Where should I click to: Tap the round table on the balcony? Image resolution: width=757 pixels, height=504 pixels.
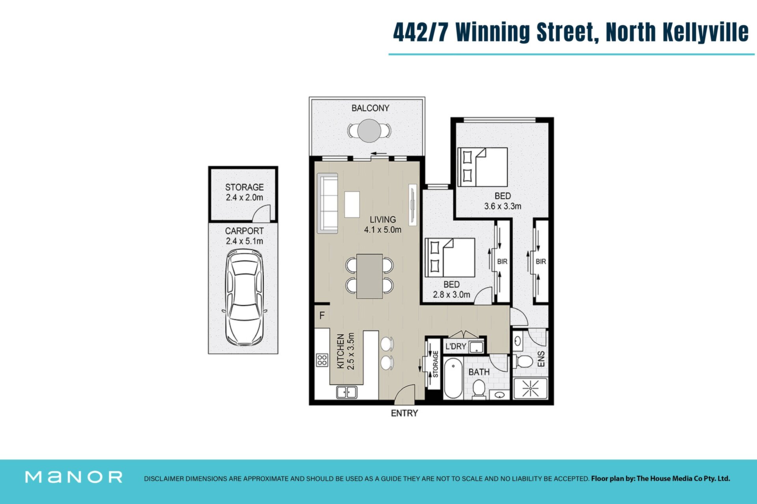point(369,130)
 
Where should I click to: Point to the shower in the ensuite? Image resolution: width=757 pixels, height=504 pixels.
point(530,389)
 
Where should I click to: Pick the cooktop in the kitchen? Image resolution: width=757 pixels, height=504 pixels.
point(322,360)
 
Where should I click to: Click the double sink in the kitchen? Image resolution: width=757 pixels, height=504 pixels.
point(347,392)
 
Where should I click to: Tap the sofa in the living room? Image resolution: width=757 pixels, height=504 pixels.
point(328,203)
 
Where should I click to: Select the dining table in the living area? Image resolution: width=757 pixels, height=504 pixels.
point(369,276)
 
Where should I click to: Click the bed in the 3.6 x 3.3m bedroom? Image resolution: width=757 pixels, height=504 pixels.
point(482,167)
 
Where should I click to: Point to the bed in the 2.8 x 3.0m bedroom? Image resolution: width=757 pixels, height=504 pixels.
point(450,257)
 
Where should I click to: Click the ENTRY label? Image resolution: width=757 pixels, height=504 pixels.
point(404,413)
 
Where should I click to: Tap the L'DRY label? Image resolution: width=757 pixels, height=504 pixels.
point(456,346)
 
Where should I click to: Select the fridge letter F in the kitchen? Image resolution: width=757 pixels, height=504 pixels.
point(322,315)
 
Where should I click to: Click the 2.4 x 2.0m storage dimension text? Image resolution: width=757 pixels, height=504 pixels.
point(244,198)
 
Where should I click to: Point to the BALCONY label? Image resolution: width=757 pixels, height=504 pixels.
point(370,108)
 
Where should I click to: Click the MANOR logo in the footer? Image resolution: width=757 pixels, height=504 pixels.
point(74,477)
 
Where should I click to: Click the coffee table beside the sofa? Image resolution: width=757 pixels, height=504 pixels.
point(352,204)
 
